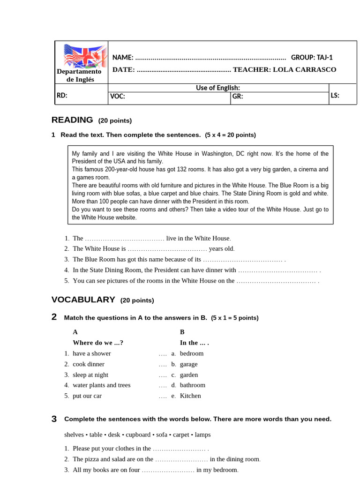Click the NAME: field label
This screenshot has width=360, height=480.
[x=123, y=58]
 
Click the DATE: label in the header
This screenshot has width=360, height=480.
[x=124, y=70]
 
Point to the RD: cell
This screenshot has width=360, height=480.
[x=62, y=96]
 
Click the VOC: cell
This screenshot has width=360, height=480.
[x=117, y=97]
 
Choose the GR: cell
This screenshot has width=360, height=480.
[x=237, y=97]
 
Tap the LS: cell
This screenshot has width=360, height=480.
[x=335, y=96]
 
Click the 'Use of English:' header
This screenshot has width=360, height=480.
[x=218, y=88]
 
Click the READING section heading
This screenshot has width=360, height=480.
[x=72, y=120]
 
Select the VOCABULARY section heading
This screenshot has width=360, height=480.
[x=83, y=300]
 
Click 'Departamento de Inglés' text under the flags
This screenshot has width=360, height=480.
[x=79, y=75]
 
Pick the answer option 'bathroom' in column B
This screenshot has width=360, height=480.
[x=192, y=385]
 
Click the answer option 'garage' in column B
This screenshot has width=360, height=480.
[x=188, y=364]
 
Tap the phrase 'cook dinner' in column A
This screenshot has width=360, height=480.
[x=89, y=364]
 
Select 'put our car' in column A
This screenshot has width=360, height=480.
[x=87, y=396]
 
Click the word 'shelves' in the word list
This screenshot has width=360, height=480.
[x=75, y=435]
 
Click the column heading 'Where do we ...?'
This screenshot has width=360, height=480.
[x=98, y=343]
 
